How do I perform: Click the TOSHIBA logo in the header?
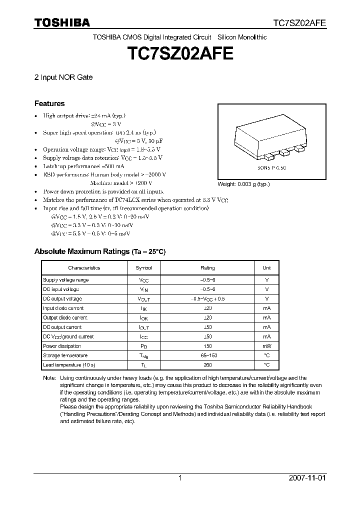pos(62,23)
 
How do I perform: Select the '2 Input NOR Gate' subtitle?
pos(63,77)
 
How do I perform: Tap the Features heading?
pos(49,103)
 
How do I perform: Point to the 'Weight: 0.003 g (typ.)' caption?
pos(243,184)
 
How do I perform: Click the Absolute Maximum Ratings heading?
pos(99,251)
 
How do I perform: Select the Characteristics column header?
pos(84,268)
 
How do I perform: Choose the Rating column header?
pos(207,268)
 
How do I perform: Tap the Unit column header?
pos(266,268)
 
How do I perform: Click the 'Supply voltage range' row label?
pos(65,280)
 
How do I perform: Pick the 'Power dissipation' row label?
pos(62,346)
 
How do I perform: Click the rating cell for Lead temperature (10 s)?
pos(207,365)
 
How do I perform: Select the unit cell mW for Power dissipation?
pos(266,346)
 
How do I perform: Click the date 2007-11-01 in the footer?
pos(307,478)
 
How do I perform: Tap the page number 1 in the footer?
pos(180,478)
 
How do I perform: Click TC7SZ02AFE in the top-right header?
pos(299,23)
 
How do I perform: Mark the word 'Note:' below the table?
pos(49,378)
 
